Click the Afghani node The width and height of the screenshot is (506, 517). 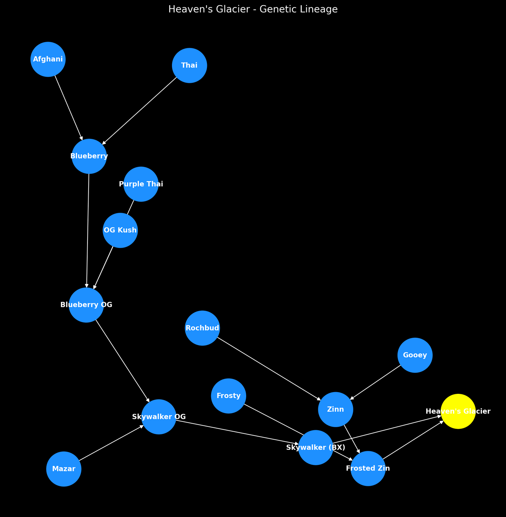[x=48, y=59]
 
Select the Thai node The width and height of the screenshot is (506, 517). [x=189, y=65]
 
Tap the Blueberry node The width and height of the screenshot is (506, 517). [x=89, y=156]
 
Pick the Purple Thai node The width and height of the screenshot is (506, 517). [x=141, y=184]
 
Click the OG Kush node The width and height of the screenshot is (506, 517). [x=120, y=230]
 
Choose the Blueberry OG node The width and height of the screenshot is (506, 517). [x=86, y=305]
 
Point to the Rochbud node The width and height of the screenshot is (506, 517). [x=202, y=328]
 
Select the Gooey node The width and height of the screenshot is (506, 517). [x=415, y=355]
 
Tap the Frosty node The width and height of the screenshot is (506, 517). [x=229, y=396]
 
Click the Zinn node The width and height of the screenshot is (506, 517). [x=335, y=409]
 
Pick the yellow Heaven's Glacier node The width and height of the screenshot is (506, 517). [x=458, y=411]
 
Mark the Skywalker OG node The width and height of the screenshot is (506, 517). [x=159, y=417]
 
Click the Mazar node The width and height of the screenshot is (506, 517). [x=64, y=469]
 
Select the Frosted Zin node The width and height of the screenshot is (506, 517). [x=368, y=468]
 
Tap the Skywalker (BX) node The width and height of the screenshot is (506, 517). [x=316, y=447]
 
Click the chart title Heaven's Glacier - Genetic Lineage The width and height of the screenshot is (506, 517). [x=253, y=9]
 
